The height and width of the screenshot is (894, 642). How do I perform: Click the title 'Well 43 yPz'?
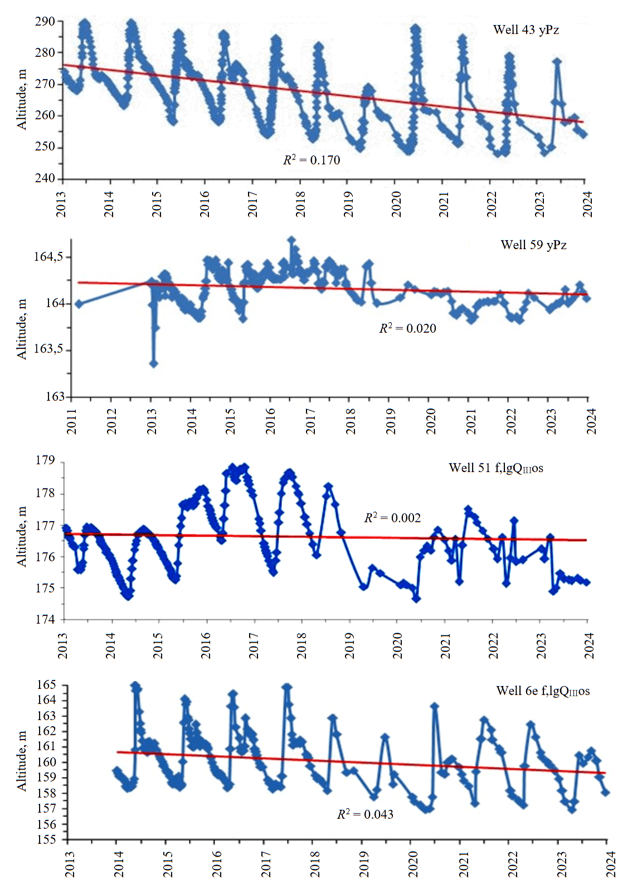(526, 30)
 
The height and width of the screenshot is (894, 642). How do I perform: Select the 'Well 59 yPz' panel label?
(533, 245)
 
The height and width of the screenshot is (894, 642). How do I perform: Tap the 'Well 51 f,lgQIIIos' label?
(495, 468)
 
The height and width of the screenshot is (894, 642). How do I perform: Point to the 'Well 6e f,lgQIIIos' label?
(543, 691)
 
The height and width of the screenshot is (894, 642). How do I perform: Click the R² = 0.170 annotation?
(312, 160)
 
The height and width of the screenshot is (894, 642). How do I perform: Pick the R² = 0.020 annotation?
(407, 328)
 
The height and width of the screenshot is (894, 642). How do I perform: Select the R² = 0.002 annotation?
(392, 518)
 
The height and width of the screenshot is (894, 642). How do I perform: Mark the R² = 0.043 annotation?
(365, 814)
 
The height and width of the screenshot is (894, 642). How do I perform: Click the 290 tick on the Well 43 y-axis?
(45, 21)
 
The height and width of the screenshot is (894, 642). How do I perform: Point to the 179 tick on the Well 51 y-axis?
(46, 461)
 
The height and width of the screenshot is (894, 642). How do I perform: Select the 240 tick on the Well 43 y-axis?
(45, 178)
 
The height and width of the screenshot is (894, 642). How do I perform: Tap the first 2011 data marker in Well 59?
(79, 304)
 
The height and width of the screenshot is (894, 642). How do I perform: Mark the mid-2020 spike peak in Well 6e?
(435, 706)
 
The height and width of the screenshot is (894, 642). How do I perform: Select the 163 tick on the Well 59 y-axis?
(55, 397)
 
